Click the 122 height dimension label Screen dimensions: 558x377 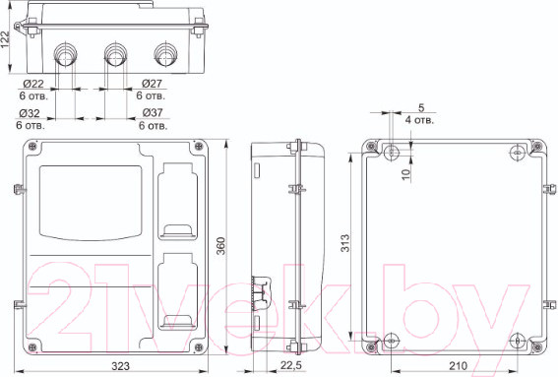coord(5,39)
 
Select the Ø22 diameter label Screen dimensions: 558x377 coord(33,84)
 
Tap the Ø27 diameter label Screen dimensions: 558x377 coord(152,84)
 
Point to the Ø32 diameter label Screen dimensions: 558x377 coord(30,113)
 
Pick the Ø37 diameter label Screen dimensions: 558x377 coord(153,113)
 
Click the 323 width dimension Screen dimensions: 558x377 coord(121,366)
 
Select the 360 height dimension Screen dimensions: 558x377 coord(221,246)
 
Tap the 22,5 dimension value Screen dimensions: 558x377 coord(290,365)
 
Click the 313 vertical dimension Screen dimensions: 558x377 coord(345,243)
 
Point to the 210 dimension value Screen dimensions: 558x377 coord(458,365)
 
